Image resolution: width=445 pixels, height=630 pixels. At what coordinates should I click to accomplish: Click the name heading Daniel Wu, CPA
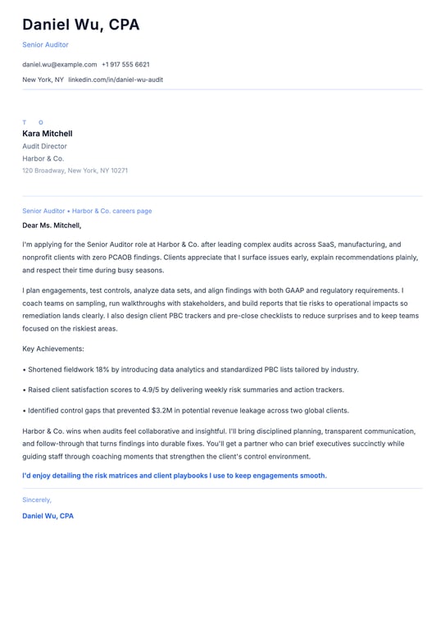pos(80,25)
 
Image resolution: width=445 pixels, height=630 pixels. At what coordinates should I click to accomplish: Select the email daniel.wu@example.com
pos(59,64)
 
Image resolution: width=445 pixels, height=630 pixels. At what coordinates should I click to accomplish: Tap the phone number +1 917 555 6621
pos(125,64)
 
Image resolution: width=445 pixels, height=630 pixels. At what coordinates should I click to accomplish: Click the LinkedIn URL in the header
pos(116,80)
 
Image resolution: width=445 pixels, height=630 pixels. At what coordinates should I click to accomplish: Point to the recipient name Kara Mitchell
pos(48,134)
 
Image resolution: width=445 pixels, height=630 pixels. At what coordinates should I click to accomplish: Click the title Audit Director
pos(44,146)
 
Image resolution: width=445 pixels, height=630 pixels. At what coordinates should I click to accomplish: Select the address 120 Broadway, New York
pos(75,171)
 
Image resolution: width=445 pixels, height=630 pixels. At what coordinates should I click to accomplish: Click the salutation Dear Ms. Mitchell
pos(52,226)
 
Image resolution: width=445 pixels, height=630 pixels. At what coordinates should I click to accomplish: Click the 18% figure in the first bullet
pos(102,370)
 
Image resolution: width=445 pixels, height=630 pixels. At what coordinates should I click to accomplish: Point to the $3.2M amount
pos(161,410)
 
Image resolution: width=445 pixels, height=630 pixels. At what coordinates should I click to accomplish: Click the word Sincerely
pos(37,500)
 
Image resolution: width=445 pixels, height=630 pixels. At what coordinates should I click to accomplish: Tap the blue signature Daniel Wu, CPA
pos(48,516)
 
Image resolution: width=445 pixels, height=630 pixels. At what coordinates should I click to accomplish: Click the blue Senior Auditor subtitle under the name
pos(45,44)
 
